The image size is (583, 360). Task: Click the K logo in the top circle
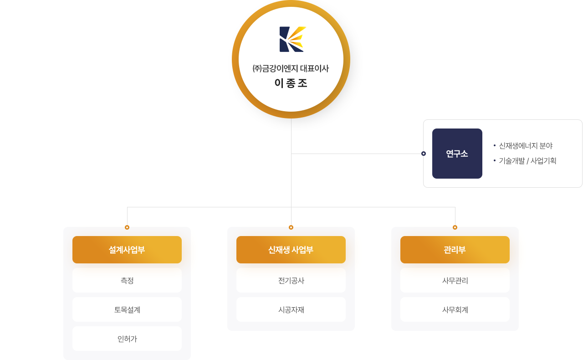[x=292, y=39]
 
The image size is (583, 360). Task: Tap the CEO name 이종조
[x=291, y=83]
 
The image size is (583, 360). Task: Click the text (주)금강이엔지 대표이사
[x=291, y=68]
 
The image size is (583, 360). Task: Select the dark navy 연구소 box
[x=457, y=154]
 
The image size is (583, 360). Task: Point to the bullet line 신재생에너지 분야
[x=523, y=146]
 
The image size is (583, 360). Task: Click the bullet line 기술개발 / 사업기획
[x=525, y=161]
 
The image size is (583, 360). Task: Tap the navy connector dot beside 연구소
[x=424, y=154]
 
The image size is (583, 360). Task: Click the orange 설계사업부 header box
[x=127, y=250]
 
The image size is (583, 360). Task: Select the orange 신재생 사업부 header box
[x=291, y=250]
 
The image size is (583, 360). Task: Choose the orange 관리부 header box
[x=455, y=250]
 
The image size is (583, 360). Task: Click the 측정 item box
[x=127, y=280]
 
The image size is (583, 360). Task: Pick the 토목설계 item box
[x=127, y=309]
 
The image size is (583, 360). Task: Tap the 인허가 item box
[x=127, y=339]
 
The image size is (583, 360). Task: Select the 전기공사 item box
[x=291, y=280]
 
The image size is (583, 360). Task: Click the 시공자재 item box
[x=291, y=309]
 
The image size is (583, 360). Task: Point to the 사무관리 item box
[x=455, y=280]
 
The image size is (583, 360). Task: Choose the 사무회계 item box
[x=455, y=309]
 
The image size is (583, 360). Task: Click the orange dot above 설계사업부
[x=127, y=227]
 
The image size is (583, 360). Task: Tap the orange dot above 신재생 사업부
[x=291, y=227]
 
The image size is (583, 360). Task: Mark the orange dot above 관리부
[x=455, y=227]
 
